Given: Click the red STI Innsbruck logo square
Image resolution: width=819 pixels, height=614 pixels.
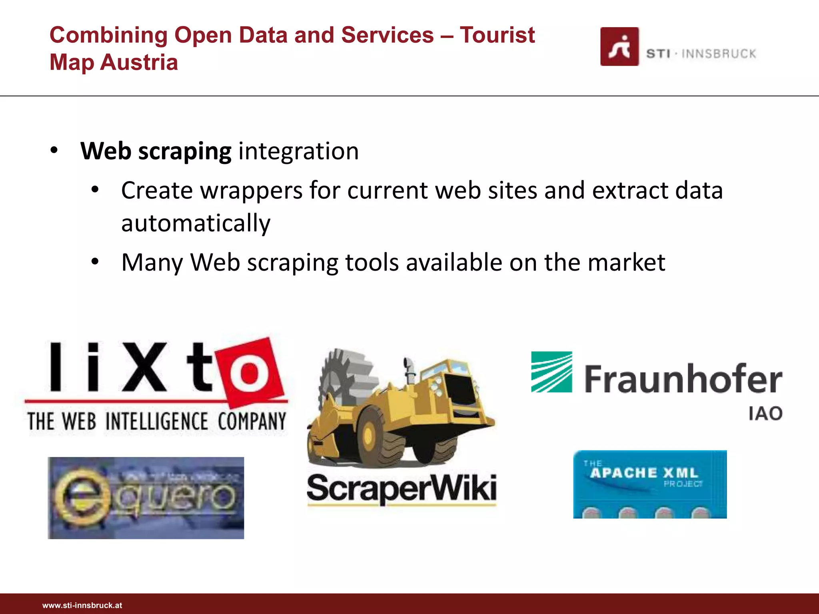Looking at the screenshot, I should point(619,46).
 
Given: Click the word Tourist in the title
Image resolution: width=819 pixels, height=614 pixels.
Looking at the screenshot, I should point(497,35).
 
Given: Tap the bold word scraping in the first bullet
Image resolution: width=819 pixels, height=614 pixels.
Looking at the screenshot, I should point(185,152).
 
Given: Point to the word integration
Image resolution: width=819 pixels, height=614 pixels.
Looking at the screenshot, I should point(298,152).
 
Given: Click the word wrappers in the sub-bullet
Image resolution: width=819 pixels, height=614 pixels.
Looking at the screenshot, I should point(251,190).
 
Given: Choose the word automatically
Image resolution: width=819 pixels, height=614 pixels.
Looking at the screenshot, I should point(196,223).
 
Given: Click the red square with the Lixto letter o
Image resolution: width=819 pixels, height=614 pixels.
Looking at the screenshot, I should point(250,372).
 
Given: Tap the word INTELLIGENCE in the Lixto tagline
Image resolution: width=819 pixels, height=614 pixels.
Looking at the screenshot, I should point(157,421).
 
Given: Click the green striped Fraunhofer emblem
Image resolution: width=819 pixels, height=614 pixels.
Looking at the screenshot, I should point(551,372).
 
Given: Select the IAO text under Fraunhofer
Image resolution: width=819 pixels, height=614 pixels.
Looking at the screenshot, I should point(765,414).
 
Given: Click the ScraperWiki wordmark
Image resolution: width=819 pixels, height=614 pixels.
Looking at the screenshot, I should point(402,488).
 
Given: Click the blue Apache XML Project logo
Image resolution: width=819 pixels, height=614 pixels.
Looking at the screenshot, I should point(650,484).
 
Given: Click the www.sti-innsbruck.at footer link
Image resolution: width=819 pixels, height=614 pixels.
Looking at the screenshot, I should point(82,605).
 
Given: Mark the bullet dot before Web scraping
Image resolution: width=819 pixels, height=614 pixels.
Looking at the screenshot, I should point(54,151).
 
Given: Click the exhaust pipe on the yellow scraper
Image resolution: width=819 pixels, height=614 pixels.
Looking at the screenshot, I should point(409,368).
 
